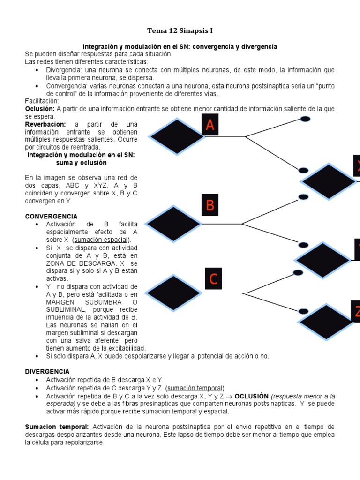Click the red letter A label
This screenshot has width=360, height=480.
tap(210, 125)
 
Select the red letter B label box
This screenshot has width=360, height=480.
tap(210, 205)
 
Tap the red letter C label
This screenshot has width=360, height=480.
tap(213, 279)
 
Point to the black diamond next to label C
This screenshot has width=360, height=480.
tap(174, 293)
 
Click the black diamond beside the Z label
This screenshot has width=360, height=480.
tap(326, 322)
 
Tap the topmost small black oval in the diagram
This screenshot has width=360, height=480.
tap(305, 119)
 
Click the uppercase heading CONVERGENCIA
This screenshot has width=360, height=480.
tap(51, 217)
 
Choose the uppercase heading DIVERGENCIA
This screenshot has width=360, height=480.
tap(47, 371)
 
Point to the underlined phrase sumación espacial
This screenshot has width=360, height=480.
tap(105, 240)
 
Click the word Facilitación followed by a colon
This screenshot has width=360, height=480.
tap(42, 101)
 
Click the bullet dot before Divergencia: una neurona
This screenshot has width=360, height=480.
tap(37, 70)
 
